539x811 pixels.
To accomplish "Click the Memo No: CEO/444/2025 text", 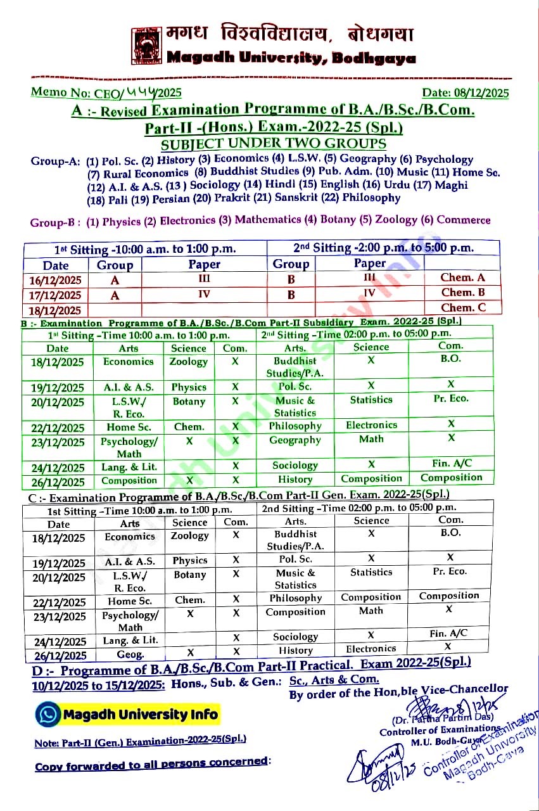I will point(106,93).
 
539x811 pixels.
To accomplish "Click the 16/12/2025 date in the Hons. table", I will point(56,280).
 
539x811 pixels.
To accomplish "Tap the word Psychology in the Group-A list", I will point(444,160).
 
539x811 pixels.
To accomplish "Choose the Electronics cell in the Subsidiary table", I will point(371,425).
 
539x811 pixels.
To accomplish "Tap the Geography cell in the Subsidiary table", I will point(295,440).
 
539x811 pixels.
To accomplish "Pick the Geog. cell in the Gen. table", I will point(130,655).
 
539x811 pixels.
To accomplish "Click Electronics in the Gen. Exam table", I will point(371,649).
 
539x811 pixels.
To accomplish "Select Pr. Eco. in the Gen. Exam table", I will point(449,572).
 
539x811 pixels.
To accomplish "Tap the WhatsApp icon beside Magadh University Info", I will point(49,715).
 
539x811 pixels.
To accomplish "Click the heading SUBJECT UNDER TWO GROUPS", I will point(273,144).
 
